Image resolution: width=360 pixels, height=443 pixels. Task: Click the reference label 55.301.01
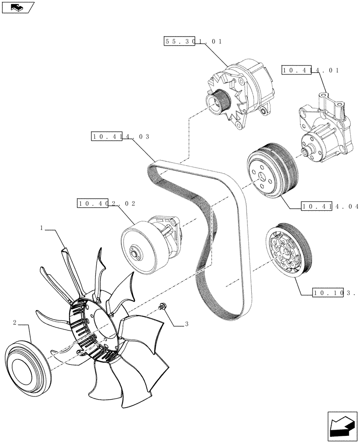[x=193, y=41]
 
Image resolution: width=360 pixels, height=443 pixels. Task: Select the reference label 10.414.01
[x=310, y=70]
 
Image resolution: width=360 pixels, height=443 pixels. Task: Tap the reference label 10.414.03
[x=120, y=136]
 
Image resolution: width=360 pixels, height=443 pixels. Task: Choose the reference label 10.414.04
[x=329, y=206]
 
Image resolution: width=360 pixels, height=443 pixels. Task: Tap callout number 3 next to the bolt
[x=187, y=324]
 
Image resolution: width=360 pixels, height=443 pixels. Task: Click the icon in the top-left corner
[x=18, y=7]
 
